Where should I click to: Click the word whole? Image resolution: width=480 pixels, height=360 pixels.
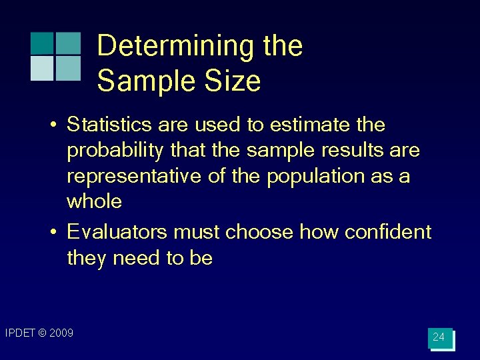point(95,201)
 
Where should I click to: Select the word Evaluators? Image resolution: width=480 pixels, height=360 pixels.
point(117,232)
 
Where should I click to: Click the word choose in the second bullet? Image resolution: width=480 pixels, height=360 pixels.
point(259,232)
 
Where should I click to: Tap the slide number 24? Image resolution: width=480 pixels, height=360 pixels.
point(439,337)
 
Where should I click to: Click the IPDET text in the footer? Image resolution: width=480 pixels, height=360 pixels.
point(19,333)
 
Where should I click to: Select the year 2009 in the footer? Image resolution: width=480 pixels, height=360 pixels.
point(61,333)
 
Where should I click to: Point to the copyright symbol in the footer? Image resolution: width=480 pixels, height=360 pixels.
point(42,333)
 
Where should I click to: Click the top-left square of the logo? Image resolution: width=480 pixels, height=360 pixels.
point(42,43)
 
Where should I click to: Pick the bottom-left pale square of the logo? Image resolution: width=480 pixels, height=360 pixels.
point(42,68)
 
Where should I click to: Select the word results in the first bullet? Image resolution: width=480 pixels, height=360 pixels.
point(355,151)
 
